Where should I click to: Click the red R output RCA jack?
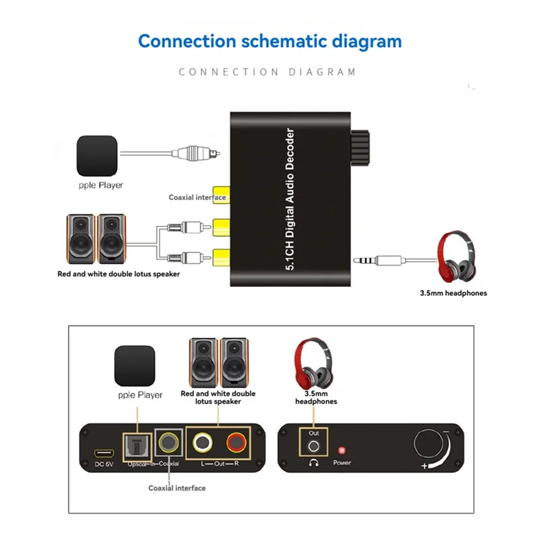pos(236,444)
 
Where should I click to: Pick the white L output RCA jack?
pos(201,444)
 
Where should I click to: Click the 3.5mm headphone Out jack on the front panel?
pos(313,446)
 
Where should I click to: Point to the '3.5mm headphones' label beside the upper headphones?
pos(453,293)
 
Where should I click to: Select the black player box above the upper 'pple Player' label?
pos(96,155)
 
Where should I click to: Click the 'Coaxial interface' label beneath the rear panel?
pos(177,488)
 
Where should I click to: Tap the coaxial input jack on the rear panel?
pos(168,445)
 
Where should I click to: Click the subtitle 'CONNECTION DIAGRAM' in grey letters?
pos(267,71)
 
